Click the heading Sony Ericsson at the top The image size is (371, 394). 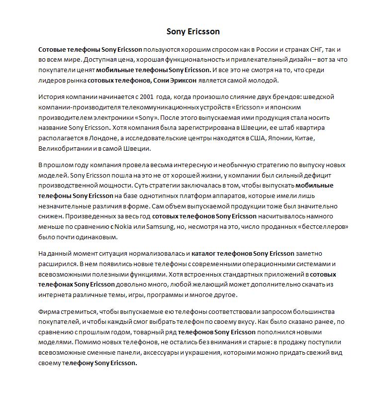193,32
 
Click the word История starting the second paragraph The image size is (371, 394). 52,97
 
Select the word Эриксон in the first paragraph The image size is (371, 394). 182,81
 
